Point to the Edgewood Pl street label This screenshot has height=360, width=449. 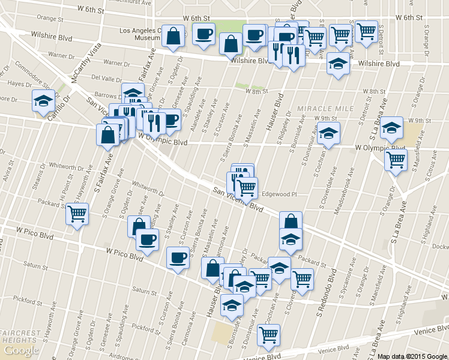click(x=280, y=194)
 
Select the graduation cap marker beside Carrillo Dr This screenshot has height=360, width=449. click(x=43, y=101)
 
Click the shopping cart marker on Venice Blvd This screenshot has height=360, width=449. click(x=268, y=334)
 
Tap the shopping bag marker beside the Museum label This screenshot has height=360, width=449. click(x=173, y=36)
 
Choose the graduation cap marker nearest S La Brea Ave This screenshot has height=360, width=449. click(x=391, y=127)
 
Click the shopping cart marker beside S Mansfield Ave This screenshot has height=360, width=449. click(x=396, y=160)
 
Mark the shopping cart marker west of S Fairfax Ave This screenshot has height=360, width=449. click(x=77, y=213)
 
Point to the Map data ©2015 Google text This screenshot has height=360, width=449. click(x=412, y=356)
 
